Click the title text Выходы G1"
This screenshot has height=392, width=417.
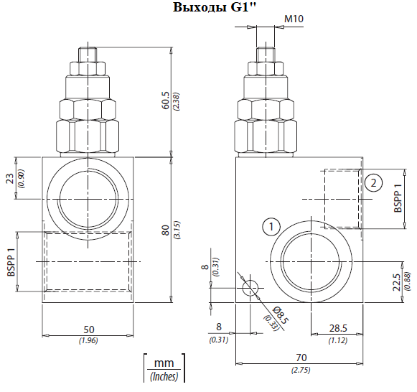tap(214, 7)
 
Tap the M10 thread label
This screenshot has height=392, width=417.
tap(294, 19)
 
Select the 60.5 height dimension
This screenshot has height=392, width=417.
tap(165, 101)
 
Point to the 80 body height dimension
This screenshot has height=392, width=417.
tap(165, 230)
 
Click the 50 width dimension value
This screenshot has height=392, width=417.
tap(89, 330)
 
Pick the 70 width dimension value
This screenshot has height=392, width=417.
tap(301, 358)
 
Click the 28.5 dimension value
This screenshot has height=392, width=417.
tap(338, 328)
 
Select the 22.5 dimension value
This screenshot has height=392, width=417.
tap(396, 282)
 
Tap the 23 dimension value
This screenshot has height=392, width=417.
tap(10, 179)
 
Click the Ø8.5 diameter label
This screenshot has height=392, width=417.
tap(281, 315)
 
